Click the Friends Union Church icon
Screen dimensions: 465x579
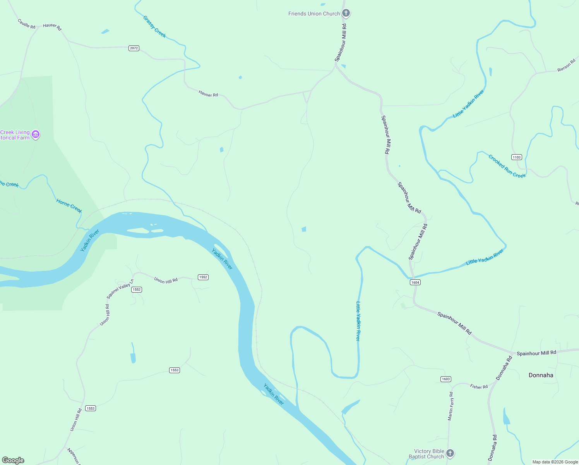click(346, 14)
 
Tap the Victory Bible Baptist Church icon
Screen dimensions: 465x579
click(450, 453)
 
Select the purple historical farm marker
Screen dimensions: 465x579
click(36, 134)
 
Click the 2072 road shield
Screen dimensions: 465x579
click(134, 48)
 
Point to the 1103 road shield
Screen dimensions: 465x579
click(517, 157)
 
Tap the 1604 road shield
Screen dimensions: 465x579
click(415, 282)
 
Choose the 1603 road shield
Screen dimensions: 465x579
click(445, 379)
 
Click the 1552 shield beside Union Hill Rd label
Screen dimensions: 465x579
click(203, 277)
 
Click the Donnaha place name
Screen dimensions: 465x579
click(541, 375)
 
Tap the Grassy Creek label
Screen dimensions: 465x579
click(154, 27)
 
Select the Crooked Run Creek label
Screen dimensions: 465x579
click(507, 166)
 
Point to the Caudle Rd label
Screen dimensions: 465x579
click(26, 24)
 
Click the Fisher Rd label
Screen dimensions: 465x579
click(479, 386)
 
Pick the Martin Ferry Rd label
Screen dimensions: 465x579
click(451, 406)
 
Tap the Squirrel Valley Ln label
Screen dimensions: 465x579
click(120, 289)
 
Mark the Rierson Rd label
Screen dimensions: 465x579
click(567, 65)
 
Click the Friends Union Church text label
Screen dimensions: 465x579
click(314, 14)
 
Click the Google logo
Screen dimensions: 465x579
click(13, 460)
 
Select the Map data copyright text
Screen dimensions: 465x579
click(555, 462)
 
